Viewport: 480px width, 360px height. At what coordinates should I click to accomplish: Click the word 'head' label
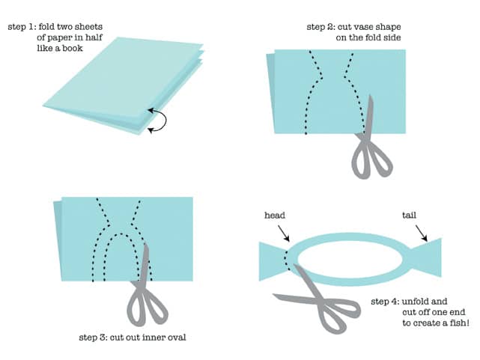pyautogui.click(x=275, y=216)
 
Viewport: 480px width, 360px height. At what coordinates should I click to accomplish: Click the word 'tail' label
pyautogui.click(x=409, y=216)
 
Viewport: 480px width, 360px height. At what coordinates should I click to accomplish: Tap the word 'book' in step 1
pyautogui.click(x=73, y=49)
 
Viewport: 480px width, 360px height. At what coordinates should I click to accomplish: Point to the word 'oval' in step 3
pyautogui.click(x=176, y=338)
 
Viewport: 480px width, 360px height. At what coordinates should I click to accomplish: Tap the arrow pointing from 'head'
pyautogui.click(x=284, y=233)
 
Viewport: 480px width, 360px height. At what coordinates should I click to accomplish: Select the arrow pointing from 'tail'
pyautogui.click(x=422, y=233)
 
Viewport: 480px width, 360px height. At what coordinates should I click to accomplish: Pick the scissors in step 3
pyautogui.click(x=144, y=290)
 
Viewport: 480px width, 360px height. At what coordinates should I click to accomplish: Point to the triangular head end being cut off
pyautogui.click(x=271, y=261)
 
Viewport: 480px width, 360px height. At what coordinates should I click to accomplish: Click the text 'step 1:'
pyautogui.click(x=22, y=27)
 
